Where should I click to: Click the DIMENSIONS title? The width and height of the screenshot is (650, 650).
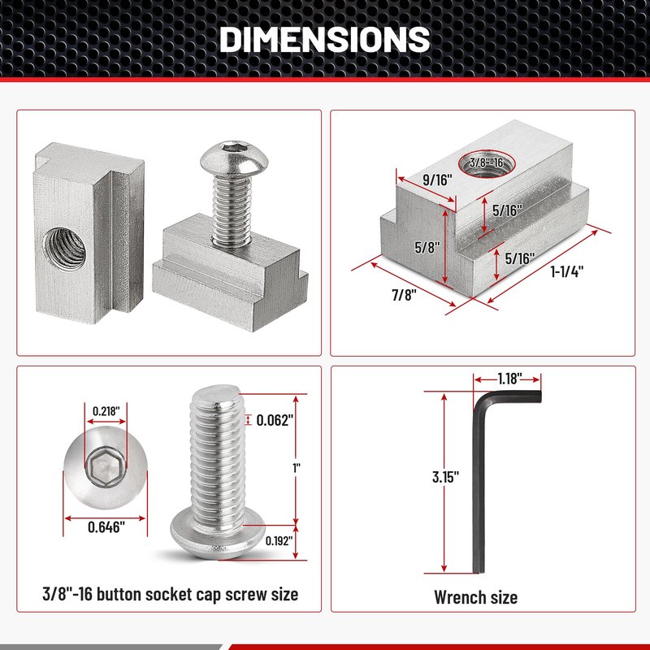(x=324, y=39)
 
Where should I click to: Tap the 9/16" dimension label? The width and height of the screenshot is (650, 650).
(x=437, y=180)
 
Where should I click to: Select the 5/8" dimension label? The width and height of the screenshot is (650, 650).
(x=427, y=248)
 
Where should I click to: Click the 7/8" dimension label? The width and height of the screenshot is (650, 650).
(x=404, y=295)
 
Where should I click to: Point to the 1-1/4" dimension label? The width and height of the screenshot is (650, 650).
(x=566, y=271)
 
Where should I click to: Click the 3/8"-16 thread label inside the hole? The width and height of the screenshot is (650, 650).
(x=486, y=162)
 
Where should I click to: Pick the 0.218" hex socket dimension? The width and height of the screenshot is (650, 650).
(x=106, y=411)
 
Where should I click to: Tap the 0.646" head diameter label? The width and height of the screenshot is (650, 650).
(x=106, y=527)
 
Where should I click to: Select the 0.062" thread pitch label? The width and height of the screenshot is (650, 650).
(x=275, y=420)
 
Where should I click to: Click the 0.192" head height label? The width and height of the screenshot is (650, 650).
(x=279, y=540)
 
